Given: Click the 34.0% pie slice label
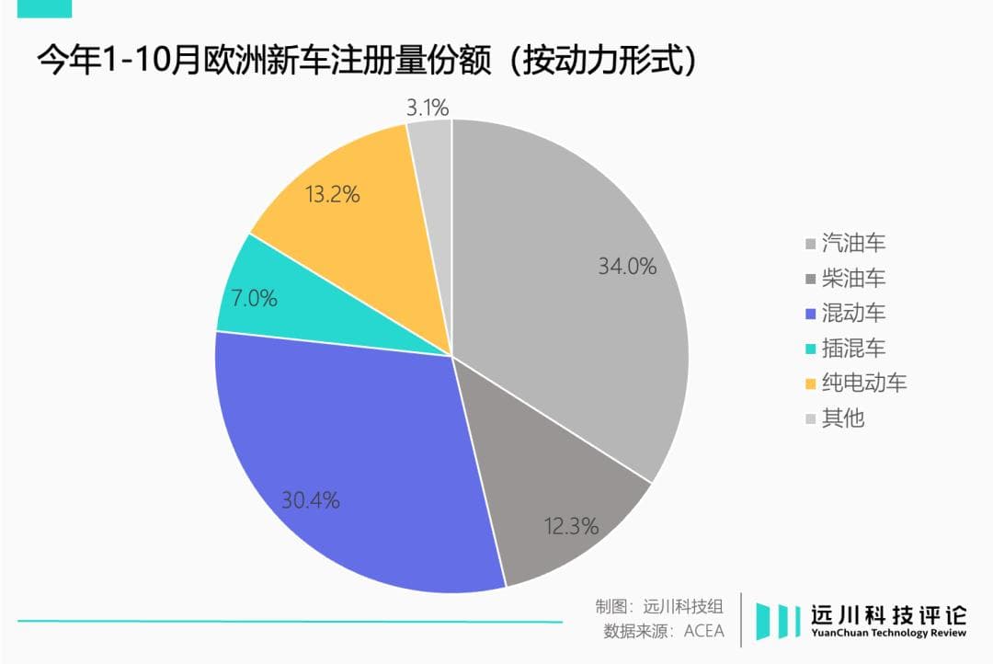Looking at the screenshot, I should click(627, 267).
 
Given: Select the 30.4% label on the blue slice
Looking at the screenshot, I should click(310, 500).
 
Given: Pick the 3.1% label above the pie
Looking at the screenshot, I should click(428, 108).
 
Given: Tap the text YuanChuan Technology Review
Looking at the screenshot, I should click(889, 633).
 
